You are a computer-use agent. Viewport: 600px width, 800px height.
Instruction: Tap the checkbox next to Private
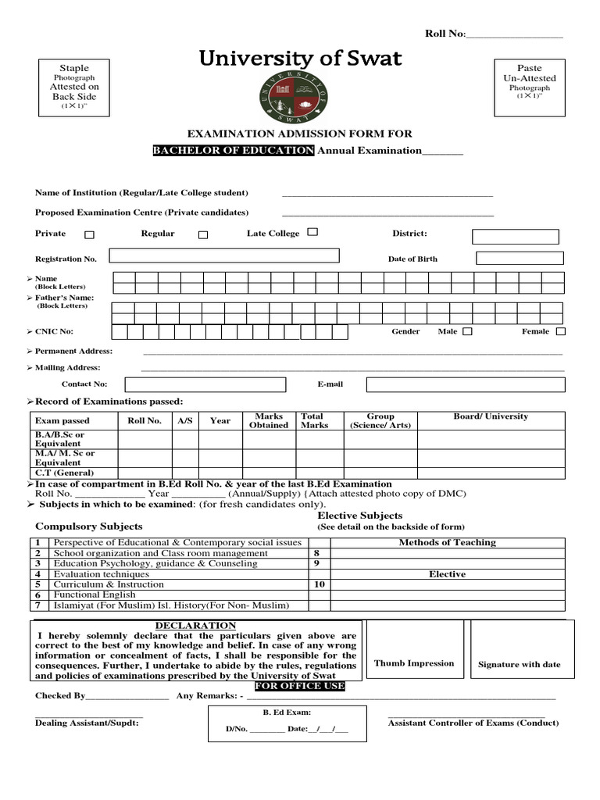coord(89,234)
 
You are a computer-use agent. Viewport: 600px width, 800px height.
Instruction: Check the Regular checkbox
coord(203,234)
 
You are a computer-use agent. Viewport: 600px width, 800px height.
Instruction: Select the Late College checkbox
coord(312,232)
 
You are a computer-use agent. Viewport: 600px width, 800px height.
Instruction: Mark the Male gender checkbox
coord(467,331)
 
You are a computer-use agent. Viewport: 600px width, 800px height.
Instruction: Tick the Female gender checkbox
coord(560,331)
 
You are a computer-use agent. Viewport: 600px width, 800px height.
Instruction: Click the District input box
coord(516,237)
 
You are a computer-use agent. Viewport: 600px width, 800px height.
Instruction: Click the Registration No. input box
coord(224,255)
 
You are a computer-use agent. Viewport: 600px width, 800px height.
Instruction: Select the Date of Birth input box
coord(520,259)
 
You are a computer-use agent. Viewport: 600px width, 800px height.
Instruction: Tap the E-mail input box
coord(466,384)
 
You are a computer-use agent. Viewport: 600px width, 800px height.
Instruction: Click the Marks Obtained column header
coord(269,421)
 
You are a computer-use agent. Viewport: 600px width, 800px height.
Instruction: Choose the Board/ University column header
coord(491,417)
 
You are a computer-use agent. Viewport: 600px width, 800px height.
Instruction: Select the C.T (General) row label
coord(64,473)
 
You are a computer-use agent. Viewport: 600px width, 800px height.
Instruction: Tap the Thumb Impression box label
coord(414,663)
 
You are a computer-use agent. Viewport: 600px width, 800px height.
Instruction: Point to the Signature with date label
coord(520,665)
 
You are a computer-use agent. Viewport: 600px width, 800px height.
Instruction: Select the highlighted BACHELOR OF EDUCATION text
coord(234,151)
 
